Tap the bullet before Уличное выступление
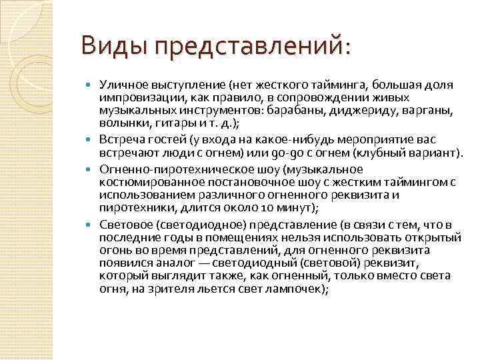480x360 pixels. pyautogui.click(x=91, y=86)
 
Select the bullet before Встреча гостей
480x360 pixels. pyautogui.click(x=91, y=141)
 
